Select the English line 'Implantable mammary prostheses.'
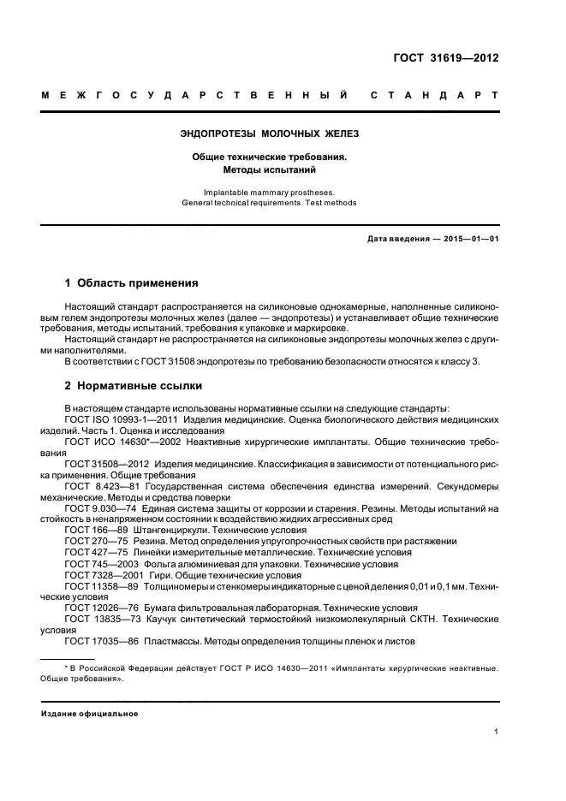[x=270, y=193]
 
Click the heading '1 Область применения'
[x=132, y=282]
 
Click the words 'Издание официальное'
[x=90, y=713]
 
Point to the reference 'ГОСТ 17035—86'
[x=102, y=641]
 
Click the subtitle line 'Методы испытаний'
[x=270, y=169]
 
